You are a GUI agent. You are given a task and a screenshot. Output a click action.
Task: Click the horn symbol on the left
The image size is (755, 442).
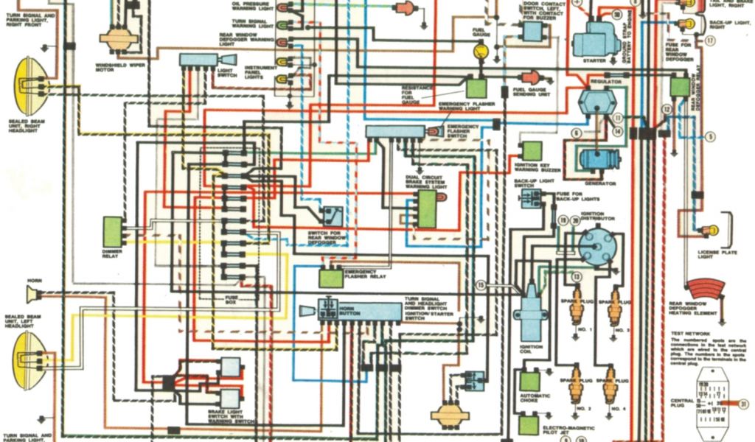pos(33,295)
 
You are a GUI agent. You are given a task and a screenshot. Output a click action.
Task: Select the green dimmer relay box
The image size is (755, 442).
pos(113,231)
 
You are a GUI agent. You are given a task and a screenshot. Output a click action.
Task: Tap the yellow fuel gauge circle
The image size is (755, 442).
pos(481,52)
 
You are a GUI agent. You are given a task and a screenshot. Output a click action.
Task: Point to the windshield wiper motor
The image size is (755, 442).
pos(116,38)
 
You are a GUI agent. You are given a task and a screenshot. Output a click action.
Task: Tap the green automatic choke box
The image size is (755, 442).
pos(529,381)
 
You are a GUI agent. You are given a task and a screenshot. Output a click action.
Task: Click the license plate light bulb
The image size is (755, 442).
pos(709,230)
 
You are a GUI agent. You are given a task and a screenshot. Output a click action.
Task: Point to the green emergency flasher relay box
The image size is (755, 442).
pos(331,278)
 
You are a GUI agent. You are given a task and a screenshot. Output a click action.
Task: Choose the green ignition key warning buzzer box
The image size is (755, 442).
pos(532,151)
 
